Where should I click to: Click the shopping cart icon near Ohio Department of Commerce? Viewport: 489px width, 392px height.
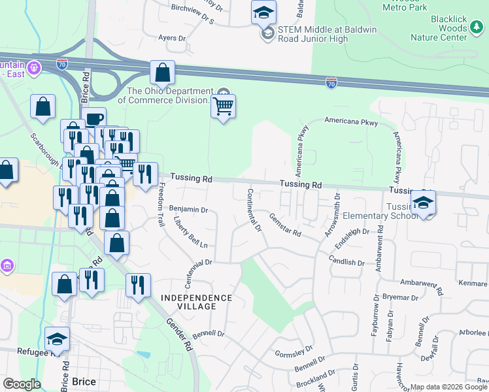point(223,106)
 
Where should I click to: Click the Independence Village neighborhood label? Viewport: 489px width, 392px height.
point(197,302)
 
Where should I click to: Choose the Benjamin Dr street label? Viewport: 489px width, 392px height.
point(188,210)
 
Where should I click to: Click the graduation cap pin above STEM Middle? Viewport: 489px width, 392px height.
point(263,12)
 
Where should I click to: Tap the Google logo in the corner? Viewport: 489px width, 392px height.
point(22,384)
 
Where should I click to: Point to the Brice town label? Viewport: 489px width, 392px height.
point(84,382)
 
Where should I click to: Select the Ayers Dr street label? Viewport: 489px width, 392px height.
point(173,38)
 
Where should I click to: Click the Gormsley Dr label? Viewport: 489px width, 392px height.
point(290,351)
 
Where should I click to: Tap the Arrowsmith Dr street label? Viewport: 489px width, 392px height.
point(333,214)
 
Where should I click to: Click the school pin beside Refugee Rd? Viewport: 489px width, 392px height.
point(57,339)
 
